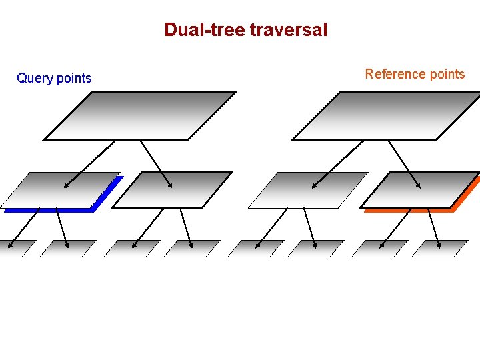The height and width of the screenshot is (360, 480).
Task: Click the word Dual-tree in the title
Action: [x=205, y=30]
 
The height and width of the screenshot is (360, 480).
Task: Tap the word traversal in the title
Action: [x=289, y=30]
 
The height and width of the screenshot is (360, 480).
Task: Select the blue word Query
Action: [x=35, y=79]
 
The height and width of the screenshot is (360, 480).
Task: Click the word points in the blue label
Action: [x=74, y=79]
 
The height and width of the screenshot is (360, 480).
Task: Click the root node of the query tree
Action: [x=140, y=116]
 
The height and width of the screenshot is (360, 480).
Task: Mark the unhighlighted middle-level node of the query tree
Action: [x=172, y=191]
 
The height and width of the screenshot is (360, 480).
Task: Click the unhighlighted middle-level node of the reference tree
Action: [x=308, y=191]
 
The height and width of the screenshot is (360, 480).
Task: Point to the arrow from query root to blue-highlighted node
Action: [x=89, y=164]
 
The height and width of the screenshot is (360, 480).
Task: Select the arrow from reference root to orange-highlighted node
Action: [x=404, y=164]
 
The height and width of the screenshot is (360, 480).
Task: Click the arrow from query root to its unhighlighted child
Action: [x=156, y=164]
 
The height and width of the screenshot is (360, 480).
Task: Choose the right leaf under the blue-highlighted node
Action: [x=68, y=249]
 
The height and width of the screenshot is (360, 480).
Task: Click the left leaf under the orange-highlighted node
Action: [x=379, y=249]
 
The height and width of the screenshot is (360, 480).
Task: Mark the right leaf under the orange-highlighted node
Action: [x=440, y=249]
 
